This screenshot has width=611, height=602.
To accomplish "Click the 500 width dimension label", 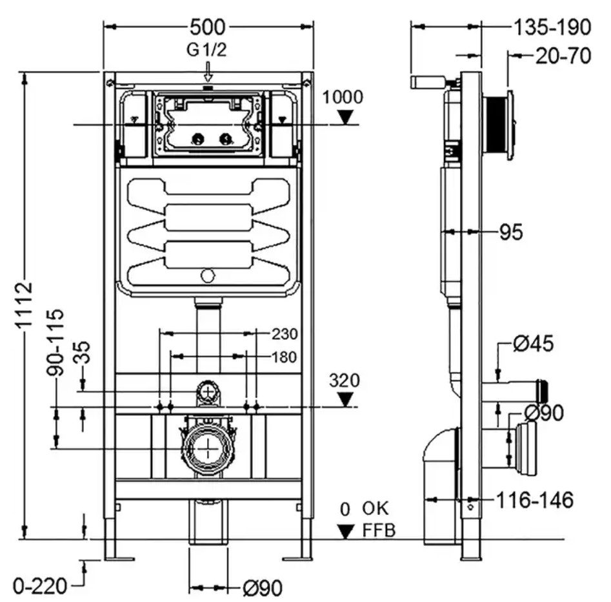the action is pyautogui.click(x=207, y=27).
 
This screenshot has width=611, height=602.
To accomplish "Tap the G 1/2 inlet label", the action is pyautogui.click(x=206, y=50).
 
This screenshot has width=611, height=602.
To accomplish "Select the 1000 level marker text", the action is pyautogui.click(x=343, y=97).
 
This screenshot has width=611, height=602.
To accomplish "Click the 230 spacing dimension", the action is pyautogui.click(x=285, y=334).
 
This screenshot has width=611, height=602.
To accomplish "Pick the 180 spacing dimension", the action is pyautogui.click(x=284, y=357).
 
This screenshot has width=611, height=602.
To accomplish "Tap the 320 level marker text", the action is pyautogui.click(x=345, y=380).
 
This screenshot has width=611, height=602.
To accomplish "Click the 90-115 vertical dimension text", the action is pyautogui.click(x=55, y=342).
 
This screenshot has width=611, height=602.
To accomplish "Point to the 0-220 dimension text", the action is pyautogui.click(x=40, y=586).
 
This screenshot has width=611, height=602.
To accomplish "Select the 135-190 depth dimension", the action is pyautogui.click(x=552, y=27).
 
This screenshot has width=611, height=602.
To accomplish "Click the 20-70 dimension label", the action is pyautogui.click(x=563, y=56).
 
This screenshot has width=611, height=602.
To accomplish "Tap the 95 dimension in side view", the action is pyautogui.click(x=511, y=233).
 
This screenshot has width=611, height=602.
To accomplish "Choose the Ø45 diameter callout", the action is pyautogui.click(x=533, y=344).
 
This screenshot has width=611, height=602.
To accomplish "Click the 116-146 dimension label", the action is pyautogui.click(x=535, y=500).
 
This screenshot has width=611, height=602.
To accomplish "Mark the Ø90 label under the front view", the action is pyautogui.click(x=262, y=588).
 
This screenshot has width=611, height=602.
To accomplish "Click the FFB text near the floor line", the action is pyautogui.click(x=379, y=530).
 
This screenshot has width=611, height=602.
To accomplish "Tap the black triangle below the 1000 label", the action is pyautogui.click(x=345, y=117).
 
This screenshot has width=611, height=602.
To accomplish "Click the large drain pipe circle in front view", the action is pyautogui.click(x=208, y=449).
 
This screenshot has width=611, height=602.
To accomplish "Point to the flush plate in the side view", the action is pyautogui.click(x=510, y=125).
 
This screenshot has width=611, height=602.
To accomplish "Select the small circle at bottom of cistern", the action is pyautogui.click(x=208, y=276).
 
